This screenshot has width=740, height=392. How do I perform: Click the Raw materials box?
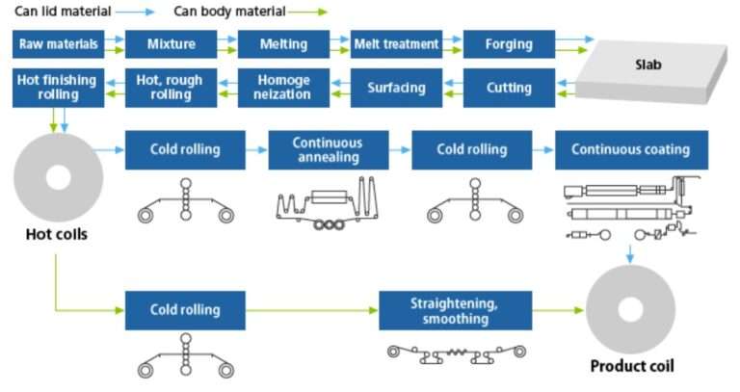(x=59, y=44)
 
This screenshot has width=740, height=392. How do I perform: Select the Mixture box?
(x=172, y=44)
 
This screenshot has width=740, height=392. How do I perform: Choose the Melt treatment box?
(x=396, y=44)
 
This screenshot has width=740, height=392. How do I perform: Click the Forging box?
(x=509, y=44)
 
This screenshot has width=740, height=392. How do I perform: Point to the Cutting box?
(x=509, y=88)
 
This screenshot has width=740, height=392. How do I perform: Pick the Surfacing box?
(x=396, y=88)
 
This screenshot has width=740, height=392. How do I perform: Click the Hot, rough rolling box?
(x=172, y=88)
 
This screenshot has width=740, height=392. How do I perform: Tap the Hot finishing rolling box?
(x=59, y=88)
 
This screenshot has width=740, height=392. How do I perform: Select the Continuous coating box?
(x=630, y=149)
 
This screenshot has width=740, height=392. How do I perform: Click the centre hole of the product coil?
(x=631, y=310)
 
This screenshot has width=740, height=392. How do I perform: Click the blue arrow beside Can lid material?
(x=141, y=13)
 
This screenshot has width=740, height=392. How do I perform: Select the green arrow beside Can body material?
(x=307, y=13)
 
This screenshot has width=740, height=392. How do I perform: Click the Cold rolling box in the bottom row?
(x=185, y=310)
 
